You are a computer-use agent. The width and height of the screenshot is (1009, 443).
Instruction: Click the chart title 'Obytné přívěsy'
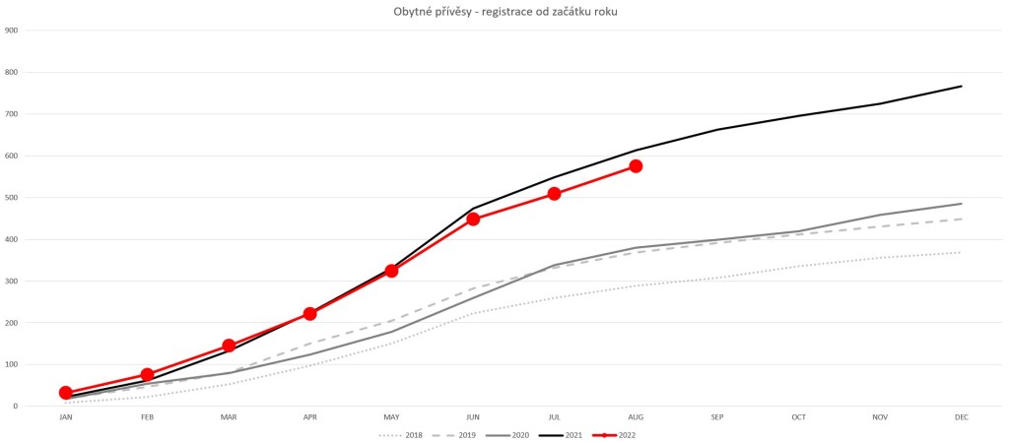(504, 11)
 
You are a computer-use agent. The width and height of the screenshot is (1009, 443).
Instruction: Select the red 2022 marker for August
(636, 166)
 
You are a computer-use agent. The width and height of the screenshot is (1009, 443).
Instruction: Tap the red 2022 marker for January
(66, 393)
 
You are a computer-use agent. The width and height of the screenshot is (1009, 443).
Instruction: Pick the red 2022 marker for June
(473, 219)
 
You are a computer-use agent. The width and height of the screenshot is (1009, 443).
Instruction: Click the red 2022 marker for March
(229, 346)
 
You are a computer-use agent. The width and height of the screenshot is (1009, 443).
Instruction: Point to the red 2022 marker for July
(555, 194)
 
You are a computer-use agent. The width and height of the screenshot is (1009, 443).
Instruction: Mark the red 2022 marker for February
(147, 375)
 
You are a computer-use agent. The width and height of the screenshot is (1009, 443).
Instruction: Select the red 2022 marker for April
(310, 314)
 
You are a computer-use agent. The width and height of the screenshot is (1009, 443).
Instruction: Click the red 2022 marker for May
(391, 271)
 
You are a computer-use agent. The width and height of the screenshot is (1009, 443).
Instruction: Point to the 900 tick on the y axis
(12, 31)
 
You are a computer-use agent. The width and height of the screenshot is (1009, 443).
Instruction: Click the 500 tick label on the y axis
(12, 198)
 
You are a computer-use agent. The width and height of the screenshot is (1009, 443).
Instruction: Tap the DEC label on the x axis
(961, 417)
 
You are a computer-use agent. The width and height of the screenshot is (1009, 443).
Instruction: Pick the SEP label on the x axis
(717, 417)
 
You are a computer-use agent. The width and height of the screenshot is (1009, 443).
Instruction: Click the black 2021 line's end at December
(961, 87)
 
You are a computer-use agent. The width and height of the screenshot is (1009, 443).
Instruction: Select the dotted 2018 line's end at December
(961, 253)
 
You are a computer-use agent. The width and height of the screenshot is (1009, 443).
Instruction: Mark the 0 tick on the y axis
(16, 407)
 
